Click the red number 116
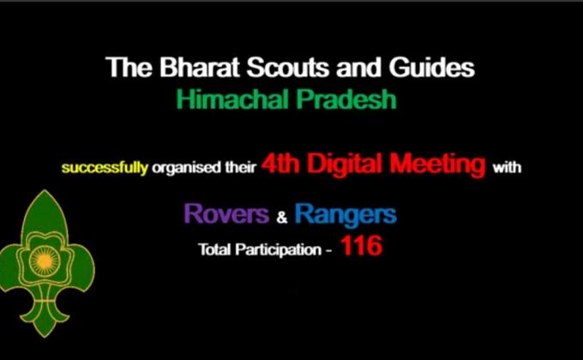360,248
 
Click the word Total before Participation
214,250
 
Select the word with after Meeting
507,168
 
